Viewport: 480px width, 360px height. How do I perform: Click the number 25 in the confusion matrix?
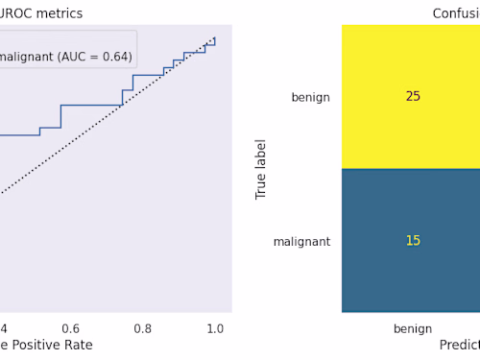(413, 97)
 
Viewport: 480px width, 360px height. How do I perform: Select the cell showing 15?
(413, 241)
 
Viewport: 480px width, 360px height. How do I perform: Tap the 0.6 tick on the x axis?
(70, 328)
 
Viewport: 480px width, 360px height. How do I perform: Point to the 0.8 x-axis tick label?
(143, 328)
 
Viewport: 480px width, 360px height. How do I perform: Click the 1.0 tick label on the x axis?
(215, 328)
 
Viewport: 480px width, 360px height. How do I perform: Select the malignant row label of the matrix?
(301, 242)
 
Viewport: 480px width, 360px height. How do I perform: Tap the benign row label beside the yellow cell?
(310, 97)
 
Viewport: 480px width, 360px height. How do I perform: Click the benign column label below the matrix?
(413, 328)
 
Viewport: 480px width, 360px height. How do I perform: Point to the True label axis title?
(261, 169)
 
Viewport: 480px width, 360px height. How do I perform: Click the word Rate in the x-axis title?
(78, 345)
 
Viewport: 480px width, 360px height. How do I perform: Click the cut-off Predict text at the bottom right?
(459, 345)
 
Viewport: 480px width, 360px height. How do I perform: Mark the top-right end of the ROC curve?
(214, 38)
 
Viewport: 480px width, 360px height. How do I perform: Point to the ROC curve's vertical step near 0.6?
(60, 116)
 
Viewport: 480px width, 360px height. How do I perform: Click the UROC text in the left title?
(16, 13)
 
